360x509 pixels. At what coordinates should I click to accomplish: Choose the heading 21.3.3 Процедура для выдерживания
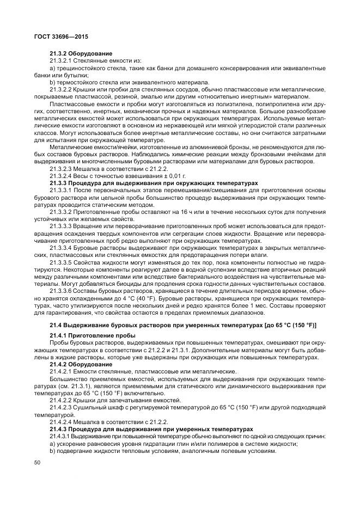(x=154, y=182)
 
